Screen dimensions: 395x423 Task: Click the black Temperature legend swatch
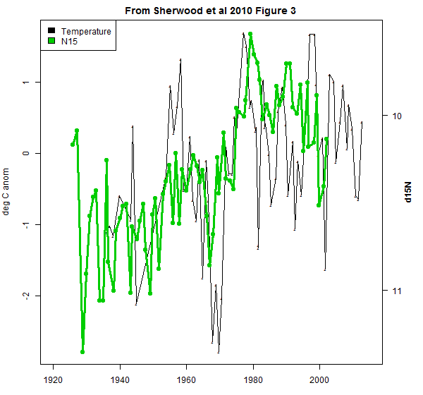pyautogui.click(x=51, y=31)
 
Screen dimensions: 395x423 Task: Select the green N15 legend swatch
pyautogui.click(x=51, y=42)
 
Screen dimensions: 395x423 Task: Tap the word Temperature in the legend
pyautogui.click(x=86, y=31)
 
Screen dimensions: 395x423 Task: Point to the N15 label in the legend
pyautogui.click(x=69, y=42)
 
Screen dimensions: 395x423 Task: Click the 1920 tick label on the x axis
pyautogui.click(x=54, y=379)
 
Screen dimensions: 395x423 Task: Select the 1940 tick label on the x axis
pyautogui.click(x=120, y=379)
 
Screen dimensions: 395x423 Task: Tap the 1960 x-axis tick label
pyautogui.click(x=187, y=379)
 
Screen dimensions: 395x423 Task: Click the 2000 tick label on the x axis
pyautogui.click(x=320, y=379)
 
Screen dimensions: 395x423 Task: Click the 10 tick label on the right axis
pyautogui.click(x=395, y=116)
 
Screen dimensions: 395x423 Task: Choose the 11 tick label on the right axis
pyautogui.click(x=395, y=291)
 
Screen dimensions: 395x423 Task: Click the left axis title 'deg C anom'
pyautogui.click(x=8, y=187)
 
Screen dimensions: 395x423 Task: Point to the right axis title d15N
pyautogui.click(x=409, y=192)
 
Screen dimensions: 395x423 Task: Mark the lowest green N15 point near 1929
pyautogui.click(x=82, y=351)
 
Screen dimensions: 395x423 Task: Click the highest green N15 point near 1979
pyautogui.click(x=250, y=34)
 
